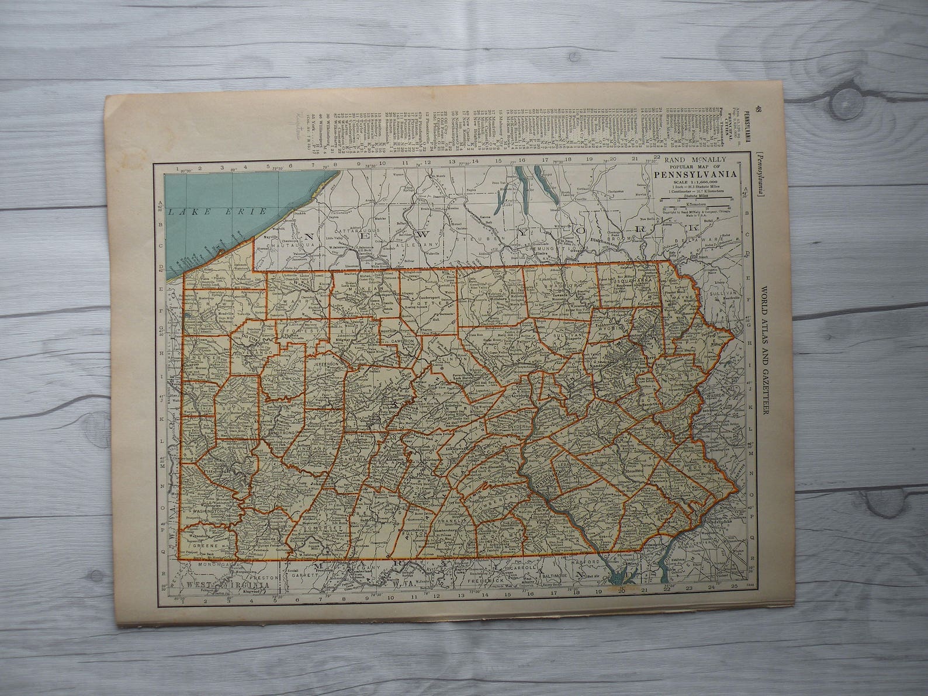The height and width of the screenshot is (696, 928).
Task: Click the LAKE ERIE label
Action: pyautogui.click(x=216, y=212)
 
